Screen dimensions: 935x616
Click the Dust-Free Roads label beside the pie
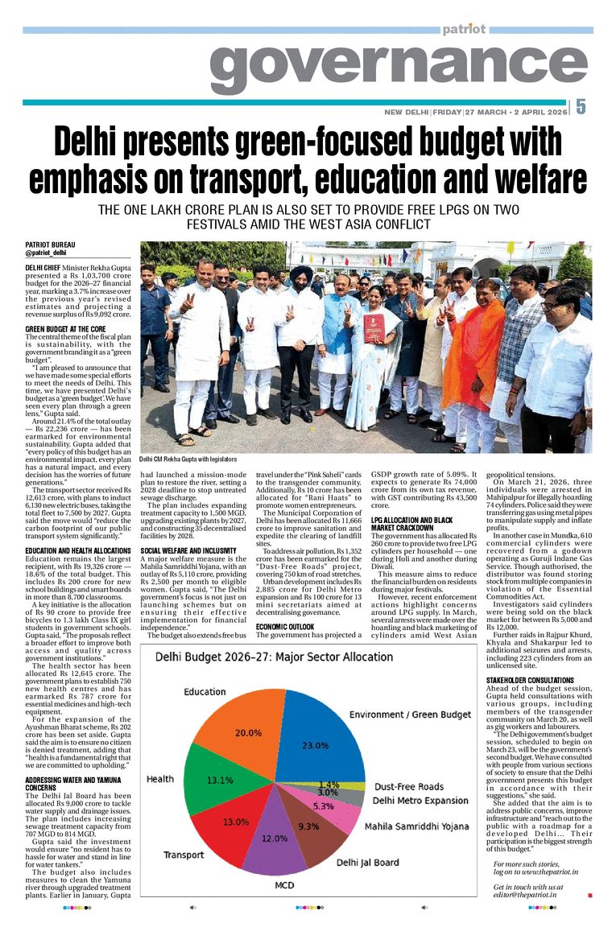pyautogui.click(x=408, y=786)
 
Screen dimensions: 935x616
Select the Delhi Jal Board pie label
pyautogui.click(x=367, y=862)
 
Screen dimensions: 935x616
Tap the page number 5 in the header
pyautogui.click(x=581, y=106)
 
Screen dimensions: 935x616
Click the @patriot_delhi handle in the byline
pyautogui.click(x=45, y=253)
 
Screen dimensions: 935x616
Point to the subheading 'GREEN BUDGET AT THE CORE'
pyautogui.click(x=65, y=329)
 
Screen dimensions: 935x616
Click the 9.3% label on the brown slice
pyautogui.click(x=308, y=826)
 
